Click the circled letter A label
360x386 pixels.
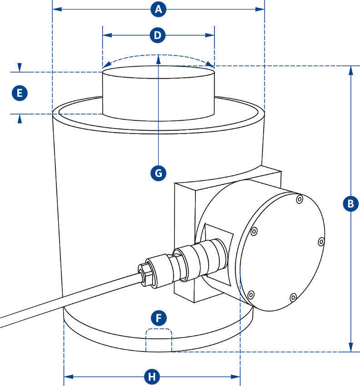pyautogui.click(x=158, y=9)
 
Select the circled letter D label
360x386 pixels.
pyautogui.click(x=158, y=35)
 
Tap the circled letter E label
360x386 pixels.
pyautogui.click(x=19, y=94)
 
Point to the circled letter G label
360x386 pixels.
pyautogui.click(x=158, y=173)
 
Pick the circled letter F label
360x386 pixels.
pyautogui.click(x=158, y=318)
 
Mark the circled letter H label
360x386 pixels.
pyautogui.click(x=152, y=376)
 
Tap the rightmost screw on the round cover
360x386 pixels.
pyautogui.click(x=321, y=241)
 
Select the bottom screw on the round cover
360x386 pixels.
pyautogui.click(x=293, y=298)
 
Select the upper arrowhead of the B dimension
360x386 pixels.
pyautogui.click(x=350, y=69)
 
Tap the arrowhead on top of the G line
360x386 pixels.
pyautogui.click(x=158, y=58)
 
